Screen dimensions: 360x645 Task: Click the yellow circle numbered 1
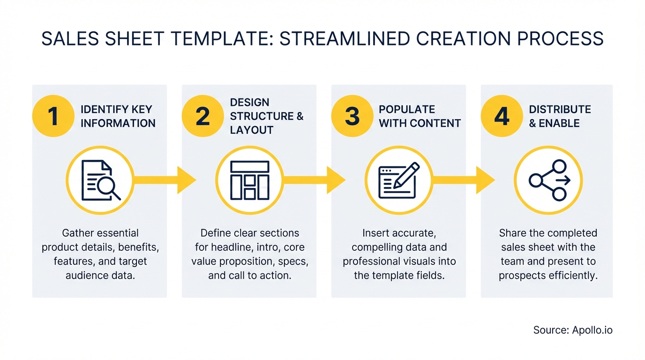pyautogui.click(x=53, y=116)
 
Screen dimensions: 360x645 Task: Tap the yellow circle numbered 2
pyautogui.click(x=202, y=116)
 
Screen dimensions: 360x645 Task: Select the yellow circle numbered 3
pyautogui.click(x=352, y=116)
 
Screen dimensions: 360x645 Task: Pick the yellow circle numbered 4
pyautogui.click(x=502, y=116)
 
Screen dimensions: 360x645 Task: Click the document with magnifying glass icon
pyautogui.click(x=100, y=180)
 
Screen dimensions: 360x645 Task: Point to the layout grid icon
pyautogui.click(x=250, y=180)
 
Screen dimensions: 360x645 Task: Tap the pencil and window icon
pyautogui.click(x=399, y=180)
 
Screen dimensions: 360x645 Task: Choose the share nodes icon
pyautogui.click(x=548, y=180)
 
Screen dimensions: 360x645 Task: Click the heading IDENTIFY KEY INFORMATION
pyautogui.click(x=118, y=116)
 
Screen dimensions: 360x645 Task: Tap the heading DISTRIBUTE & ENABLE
pyautogui.click(x=560, y=116)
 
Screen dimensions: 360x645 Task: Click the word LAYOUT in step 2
pyautogui.click(x=251, y=130)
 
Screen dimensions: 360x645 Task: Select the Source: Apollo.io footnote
pyautogui.click(x=573, y=330)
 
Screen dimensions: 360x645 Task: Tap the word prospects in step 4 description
pyautogui.click(x=519, y=275)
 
